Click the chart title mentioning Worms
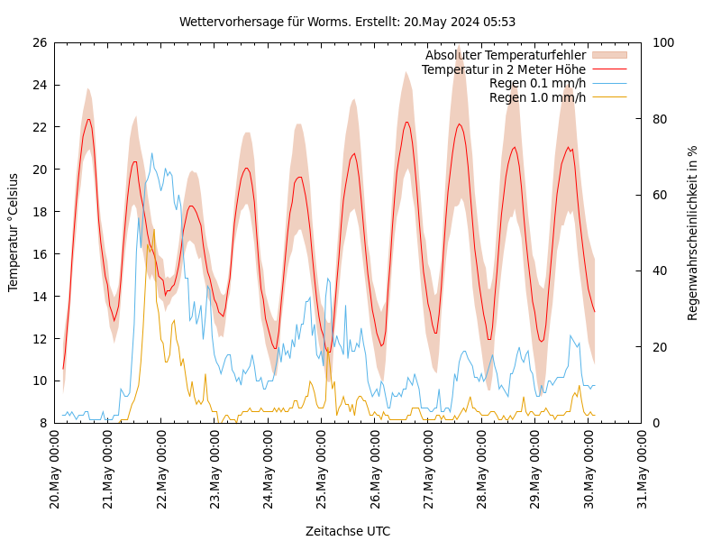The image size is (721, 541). (x=347, y=22)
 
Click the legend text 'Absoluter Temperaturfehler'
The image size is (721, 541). (x=505, y=56)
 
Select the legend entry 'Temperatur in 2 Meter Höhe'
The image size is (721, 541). (x=503, y=69)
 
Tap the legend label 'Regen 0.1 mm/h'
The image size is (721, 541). (x=537, y=84)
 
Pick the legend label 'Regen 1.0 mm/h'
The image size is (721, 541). (x=537, y=97)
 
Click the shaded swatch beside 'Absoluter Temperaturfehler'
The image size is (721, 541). (x=608, y=56)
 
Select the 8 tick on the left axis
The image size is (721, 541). (x=42, y=423)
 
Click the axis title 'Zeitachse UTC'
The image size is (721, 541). (x=348, y=531)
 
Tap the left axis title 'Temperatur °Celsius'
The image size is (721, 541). (x=14, y=233)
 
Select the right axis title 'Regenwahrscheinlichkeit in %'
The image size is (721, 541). (x=692, y=233)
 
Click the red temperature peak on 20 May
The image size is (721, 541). (x=88, y=119)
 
